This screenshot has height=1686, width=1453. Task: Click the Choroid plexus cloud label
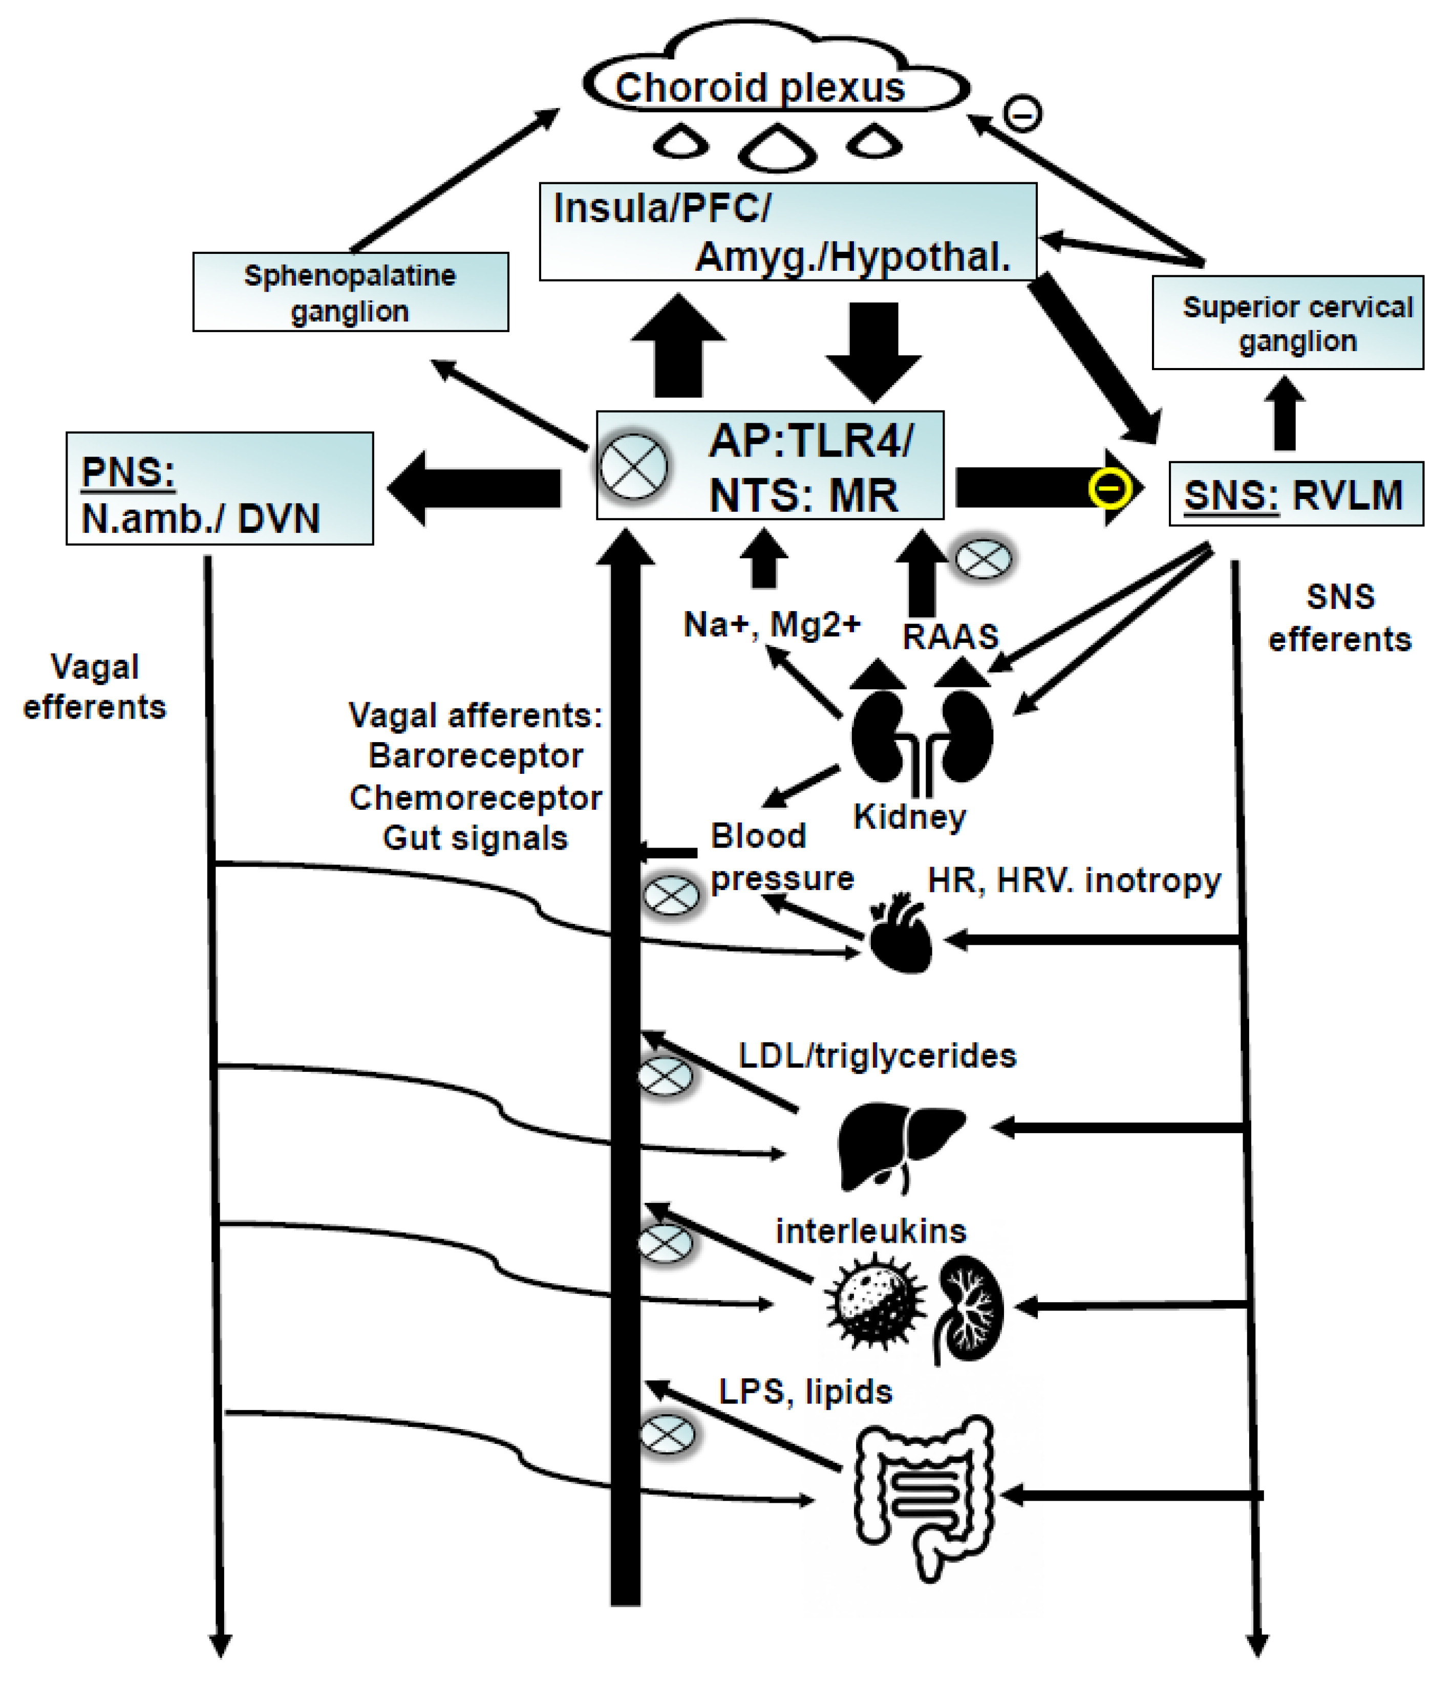coord(759,87)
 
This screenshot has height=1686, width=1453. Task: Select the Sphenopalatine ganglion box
coord(350,292)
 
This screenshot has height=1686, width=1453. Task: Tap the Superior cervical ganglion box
coord(1288,323)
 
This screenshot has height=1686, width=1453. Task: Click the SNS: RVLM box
coord(1295,494)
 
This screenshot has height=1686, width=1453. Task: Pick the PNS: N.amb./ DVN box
coord(219,488)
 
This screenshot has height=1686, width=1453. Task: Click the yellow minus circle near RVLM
coord(1110,488)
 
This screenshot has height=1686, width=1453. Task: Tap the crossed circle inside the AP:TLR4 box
coord(633,466)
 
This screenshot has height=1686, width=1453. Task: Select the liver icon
coord(898,1143)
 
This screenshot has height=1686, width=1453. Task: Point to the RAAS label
coord(950,636)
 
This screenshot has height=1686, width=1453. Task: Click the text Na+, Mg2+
coord(772,624)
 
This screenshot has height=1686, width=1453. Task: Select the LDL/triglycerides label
coord(877,1055)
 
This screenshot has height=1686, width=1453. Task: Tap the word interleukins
coord(870,1231)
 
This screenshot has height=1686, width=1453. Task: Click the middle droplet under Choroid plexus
coord(777,148)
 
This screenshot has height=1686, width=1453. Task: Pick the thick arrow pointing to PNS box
coord(474,488)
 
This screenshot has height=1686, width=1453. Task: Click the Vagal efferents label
coord(94,687)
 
